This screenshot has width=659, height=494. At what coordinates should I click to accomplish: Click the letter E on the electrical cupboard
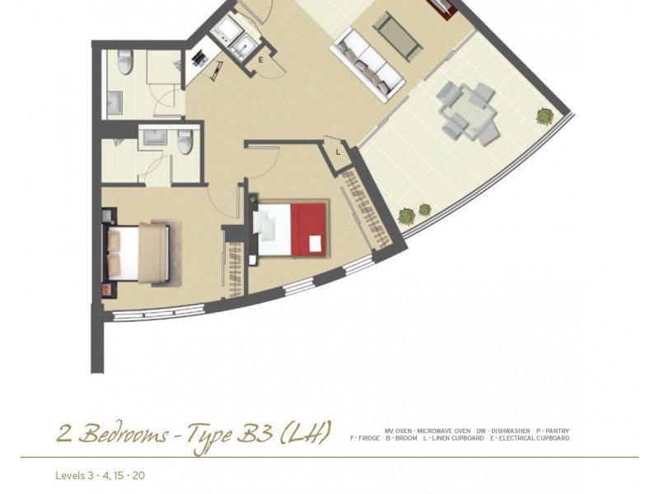pos(261,59)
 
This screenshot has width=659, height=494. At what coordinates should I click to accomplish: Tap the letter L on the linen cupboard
pos(338,151)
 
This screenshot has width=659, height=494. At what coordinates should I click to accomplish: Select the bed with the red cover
pos(292,230)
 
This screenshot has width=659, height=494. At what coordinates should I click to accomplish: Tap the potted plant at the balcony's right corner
pos(544,117)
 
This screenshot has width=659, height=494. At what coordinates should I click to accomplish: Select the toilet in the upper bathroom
pos(125,63)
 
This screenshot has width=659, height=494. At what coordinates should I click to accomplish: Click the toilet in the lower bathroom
pos(185,142)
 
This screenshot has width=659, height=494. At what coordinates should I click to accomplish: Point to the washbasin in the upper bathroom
pos(114,100)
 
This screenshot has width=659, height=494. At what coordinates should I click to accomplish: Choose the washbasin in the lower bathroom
pos(155,136)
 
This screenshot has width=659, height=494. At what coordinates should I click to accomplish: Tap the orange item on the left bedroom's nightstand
pos(105,291)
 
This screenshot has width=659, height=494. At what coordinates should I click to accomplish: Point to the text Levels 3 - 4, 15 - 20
pos(100,476)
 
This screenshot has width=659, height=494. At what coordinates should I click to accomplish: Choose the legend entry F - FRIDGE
pos(365,439)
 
